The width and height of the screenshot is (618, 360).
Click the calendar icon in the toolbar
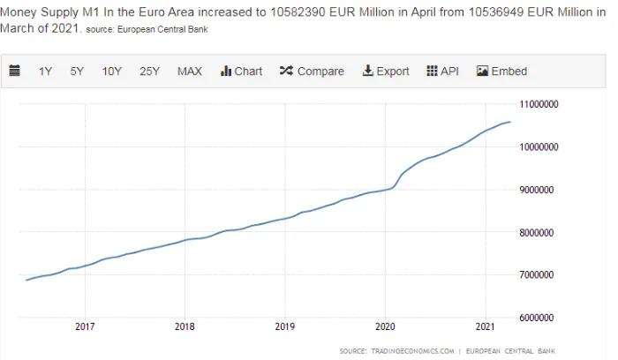[x=15, y=71]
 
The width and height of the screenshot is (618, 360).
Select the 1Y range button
[x=45, y=71]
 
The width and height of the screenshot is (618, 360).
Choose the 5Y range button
[x=77, y=71]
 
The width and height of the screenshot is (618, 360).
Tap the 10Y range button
[x=111, y=71]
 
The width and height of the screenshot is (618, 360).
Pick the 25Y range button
[x=149, y=71]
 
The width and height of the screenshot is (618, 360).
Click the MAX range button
[x=190, y=71]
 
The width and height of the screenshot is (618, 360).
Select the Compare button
[x=312, y=71]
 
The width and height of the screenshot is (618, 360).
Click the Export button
[x=386, y=71]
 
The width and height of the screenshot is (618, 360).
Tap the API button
[x=442, y=71]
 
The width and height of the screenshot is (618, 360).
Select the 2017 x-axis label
[x=85, y=328]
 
